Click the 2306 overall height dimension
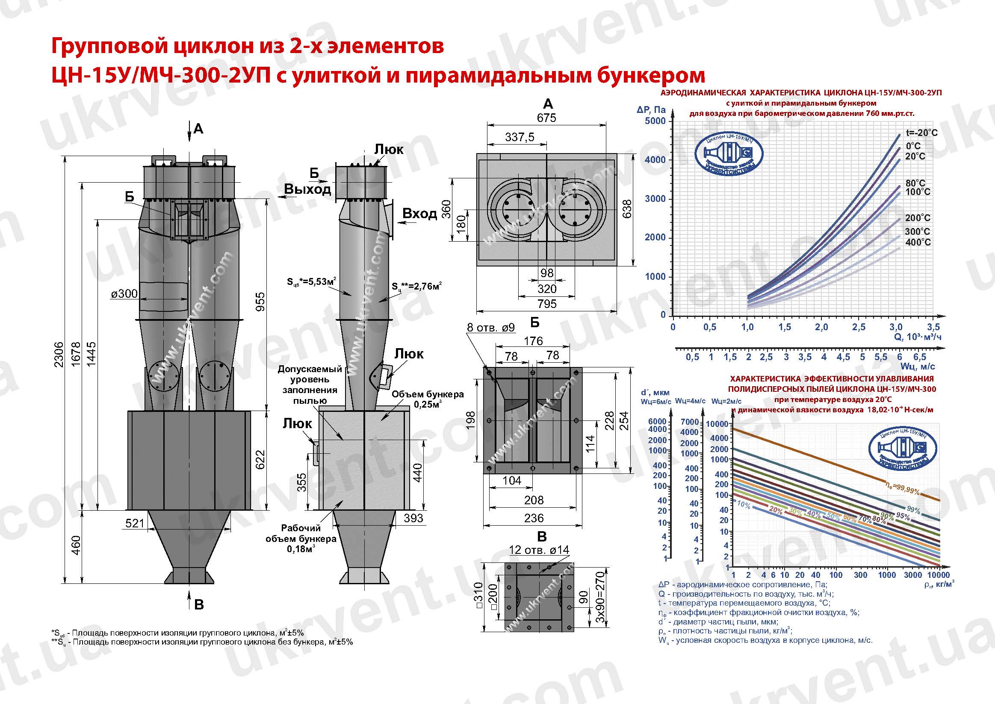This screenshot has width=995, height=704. (x=59, y=354)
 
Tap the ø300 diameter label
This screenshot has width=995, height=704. (x=124, y=294)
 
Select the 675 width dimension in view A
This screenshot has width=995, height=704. (x=546, y=118)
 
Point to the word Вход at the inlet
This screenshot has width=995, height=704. (x=419, y=214)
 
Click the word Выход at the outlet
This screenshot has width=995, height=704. (x=307, y=189)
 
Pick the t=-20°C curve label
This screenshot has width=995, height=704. (x=921, y=133)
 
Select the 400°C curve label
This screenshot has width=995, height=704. (x=918, y=243)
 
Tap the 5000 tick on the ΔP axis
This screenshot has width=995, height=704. (x=655, y=121)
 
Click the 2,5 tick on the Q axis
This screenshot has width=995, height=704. (x=859, y=327)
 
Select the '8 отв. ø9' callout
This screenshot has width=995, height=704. (x=490, y=328)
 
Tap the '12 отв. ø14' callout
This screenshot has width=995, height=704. (x=539, y=550)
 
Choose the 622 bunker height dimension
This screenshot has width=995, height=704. (x=260, y=460)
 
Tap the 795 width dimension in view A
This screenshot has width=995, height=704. (x=546, y=304)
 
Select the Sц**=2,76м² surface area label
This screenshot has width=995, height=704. (x=416, y=287)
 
